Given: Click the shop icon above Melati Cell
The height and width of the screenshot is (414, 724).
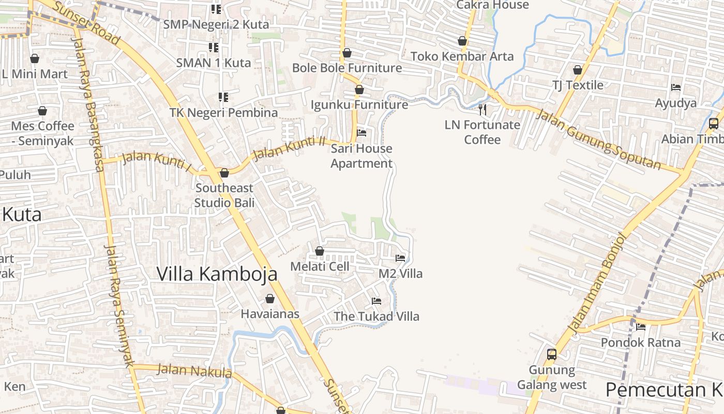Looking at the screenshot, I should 320,251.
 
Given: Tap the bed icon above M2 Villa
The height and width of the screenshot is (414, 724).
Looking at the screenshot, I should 400,258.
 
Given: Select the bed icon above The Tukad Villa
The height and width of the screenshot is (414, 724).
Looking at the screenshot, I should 376,301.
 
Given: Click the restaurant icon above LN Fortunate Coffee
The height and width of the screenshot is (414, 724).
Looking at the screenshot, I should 482,109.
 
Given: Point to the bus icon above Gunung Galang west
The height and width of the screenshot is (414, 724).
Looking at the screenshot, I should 552,354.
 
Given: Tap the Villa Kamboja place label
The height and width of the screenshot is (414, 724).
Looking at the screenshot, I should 217,274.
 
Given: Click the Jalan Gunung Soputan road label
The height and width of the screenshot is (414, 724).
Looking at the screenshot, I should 598,139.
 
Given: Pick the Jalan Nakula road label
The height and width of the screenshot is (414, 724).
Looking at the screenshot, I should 194,371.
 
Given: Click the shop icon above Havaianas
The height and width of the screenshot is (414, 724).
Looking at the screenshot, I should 269,299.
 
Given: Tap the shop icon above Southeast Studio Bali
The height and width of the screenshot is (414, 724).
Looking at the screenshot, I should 224,173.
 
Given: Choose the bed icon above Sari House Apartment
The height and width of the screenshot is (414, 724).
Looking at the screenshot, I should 361,133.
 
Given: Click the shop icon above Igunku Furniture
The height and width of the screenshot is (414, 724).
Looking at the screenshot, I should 359,90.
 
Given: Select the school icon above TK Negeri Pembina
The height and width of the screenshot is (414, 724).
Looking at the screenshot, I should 223,97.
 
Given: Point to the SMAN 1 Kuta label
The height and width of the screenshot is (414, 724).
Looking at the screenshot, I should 214,63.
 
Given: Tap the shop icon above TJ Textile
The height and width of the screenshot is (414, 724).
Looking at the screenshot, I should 578,70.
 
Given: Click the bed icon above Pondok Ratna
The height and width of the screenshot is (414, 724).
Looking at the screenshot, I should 641,327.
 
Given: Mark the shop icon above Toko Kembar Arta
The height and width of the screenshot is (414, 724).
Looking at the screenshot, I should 462,41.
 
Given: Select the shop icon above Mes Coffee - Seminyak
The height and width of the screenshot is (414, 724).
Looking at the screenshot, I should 42,111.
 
